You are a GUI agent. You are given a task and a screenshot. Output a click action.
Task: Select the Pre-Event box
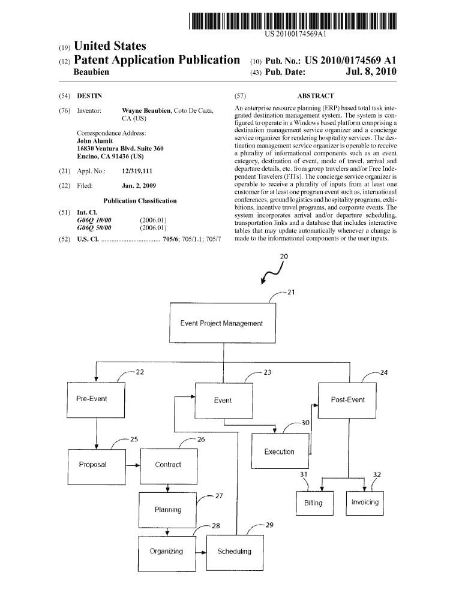click(91, 399)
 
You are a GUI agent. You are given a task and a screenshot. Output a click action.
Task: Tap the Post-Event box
click(347, 400)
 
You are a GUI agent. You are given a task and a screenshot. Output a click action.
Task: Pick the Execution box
click(279, 452)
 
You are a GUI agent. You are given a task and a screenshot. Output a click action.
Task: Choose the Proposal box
click(92, 465)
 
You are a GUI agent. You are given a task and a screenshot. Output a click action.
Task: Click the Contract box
click(167, 465)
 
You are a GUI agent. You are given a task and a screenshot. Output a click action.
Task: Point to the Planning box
click(167, 510)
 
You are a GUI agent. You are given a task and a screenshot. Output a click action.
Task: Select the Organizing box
click(166, 551)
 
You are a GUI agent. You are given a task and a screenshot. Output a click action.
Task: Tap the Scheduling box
click(235, 551)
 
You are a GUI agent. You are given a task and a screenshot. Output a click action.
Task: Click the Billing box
click(313, 503)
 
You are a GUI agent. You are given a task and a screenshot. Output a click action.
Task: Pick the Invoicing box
click(365, 502)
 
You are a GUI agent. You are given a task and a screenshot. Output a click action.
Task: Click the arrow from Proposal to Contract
click(131, 465)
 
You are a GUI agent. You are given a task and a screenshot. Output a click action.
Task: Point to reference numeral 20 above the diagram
click(284, 256)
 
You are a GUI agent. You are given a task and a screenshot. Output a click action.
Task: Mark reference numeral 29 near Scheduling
click(269, 525)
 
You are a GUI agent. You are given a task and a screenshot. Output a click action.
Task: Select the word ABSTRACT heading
click(316, 96)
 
